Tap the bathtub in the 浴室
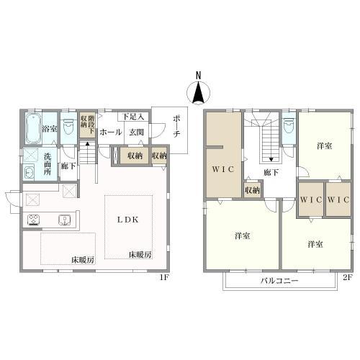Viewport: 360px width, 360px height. click(x=33, y=128)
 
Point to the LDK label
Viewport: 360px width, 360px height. click(x=127, y=220)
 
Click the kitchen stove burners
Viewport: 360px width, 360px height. click(x=34, y=220)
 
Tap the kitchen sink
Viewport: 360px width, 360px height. click(x=64, y=220)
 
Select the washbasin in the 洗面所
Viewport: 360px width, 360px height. click(x=30, y=172)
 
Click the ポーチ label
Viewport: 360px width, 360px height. click(x=176, y=126)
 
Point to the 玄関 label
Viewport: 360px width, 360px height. click(x=136, y=132)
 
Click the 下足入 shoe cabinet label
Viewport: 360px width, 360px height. click(x=133, y=117)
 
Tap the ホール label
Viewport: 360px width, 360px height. click(x=111, y=132)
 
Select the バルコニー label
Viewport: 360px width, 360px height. click(x=279, y=281)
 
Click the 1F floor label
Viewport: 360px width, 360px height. click(x=165, y=278)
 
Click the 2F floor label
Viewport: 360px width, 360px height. click(x=347, y=278)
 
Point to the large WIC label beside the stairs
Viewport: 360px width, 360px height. click(x=222, y=169)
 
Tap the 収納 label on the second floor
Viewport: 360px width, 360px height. click(x=252, y=191)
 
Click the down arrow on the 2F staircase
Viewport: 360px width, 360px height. click(x=271, y=159)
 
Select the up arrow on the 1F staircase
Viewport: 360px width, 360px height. click(x=88, y=144)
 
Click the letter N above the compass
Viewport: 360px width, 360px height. click(x=198, y=76)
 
